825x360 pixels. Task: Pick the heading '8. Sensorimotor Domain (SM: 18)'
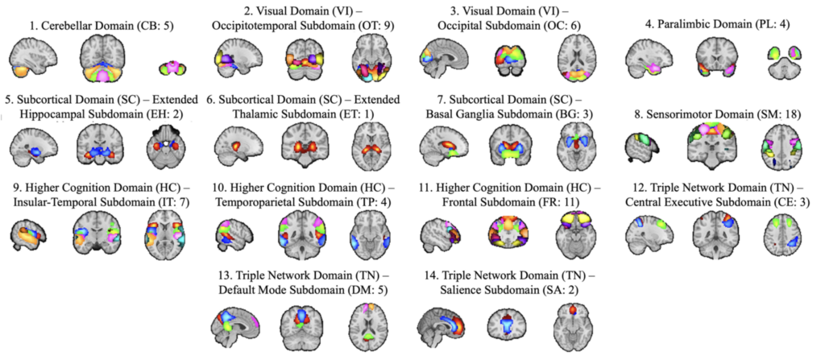(x=719, y=116)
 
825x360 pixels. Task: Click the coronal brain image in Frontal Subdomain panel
(x=508, y=233)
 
